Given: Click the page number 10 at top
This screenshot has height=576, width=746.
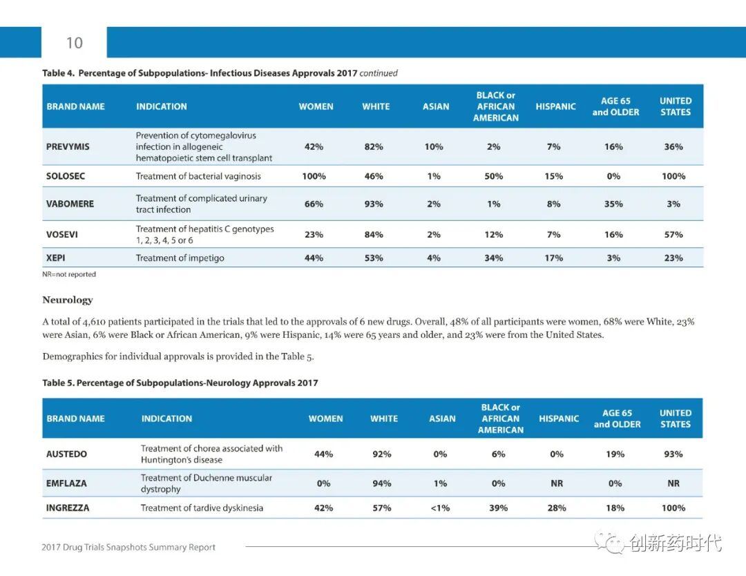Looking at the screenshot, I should (74, 43).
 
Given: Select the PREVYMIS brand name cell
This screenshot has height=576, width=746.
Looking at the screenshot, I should (68, 147).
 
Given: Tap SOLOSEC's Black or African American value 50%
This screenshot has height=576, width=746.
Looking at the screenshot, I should (494, 176).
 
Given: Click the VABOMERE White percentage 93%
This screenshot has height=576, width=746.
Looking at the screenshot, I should (374, 204).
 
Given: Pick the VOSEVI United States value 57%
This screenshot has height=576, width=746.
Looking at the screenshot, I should (673, 235).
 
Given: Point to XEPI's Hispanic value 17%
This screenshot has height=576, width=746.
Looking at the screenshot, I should (553, 258).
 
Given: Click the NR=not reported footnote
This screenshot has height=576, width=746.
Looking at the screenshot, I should (69, 274).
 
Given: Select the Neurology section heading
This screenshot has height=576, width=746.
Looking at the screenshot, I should (67, 300).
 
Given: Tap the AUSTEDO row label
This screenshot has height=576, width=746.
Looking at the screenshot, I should (66, 454).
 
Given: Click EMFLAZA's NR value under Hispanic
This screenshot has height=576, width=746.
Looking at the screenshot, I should (557, 483).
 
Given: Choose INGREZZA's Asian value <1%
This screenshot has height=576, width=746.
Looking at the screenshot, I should (440, 508).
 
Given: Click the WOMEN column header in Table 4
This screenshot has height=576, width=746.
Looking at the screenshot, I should (316, 106).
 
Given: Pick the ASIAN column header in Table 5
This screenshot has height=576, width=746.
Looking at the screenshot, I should (442, 419).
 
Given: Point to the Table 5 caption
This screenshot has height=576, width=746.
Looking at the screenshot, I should (180, 383).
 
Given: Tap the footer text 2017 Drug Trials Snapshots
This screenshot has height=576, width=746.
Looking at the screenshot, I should (128, 548).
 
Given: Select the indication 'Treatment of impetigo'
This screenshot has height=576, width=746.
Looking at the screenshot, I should (180, 258).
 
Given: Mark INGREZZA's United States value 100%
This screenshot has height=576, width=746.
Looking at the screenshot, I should (673, 508).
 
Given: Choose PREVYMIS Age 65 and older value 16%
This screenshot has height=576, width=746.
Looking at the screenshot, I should (613, 147).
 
